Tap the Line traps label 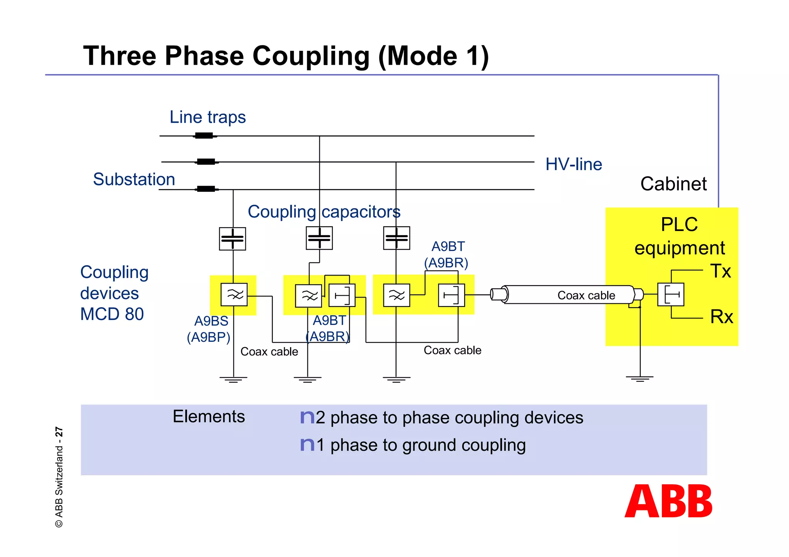(x=208, y=117)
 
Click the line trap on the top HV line (x=204, y=135)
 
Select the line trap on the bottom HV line (x=206, y=189)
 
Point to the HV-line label (x=574, y=164)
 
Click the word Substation (x=134, y=179)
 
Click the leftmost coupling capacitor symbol (x=232, y=239)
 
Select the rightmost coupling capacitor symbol (x=396, y=238)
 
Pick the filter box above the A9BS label (x=234, y=295)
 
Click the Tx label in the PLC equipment (x=720, y=271)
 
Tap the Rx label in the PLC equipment (x=722, y=317)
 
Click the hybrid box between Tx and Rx (x=671, y=295)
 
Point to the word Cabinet (x=673, y=184)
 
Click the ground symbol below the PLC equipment (x=640, y=379)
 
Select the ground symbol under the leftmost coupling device (x=233, y=380)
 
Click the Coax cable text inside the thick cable (x=586, y=295)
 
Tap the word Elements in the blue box (x=208, y=416)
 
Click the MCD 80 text (x=112, y=314)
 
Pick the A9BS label (x=211, y=321)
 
